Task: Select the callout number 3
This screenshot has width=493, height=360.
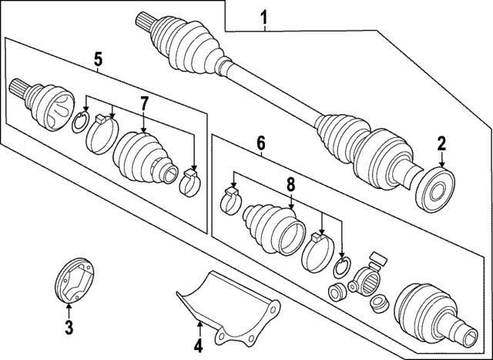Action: pyautogui.click(x=68, y=328)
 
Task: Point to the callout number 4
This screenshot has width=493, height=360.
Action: pyautogui.click(x=197, y=345)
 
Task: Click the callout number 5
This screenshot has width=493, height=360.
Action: pyautogui.click(x=98, y=59)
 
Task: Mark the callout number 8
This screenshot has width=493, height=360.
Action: pyautogui.click(x=291, y=185)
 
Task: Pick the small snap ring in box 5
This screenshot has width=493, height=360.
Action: pyautogui.click(x=80, y=122)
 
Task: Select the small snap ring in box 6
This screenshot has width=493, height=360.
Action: pyautogui.click(x=343, y=267)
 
